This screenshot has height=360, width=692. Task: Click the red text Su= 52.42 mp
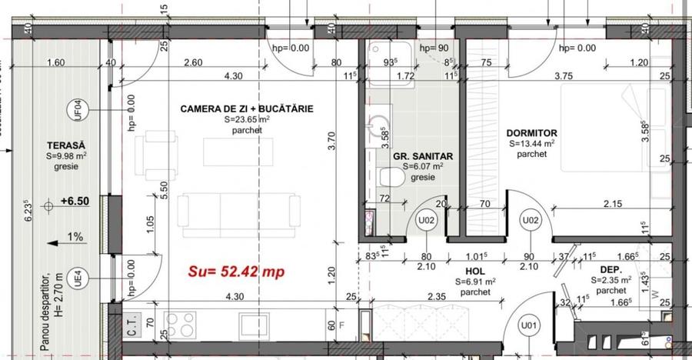[x=235, y=271]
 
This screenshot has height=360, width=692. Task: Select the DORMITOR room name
[x=532, y=133]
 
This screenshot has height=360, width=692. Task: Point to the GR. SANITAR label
[x=422, y=156]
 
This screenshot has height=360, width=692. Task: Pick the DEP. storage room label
[x=613, y=270]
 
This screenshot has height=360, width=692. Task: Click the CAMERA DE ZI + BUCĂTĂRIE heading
[x=247, y=109]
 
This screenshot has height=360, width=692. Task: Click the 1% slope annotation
[x=75, y=238]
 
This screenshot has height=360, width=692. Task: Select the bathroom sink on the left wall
[x=378, y=128]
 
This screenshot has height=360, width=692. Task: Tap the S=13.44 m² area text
[x=532, y=144]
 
